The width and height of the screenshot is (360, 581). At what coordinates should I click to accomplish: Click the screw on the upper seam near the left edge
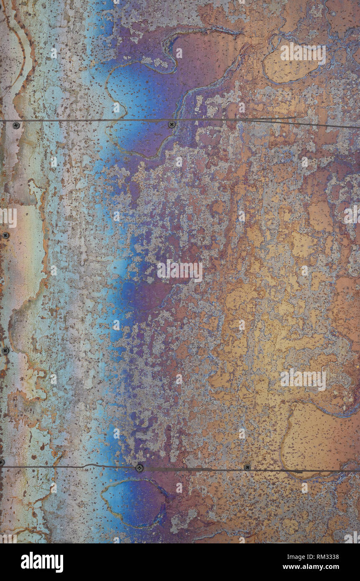[16, 125]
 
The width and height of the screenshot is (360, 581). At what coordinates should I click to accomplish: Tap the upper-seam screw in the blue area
[171, 124]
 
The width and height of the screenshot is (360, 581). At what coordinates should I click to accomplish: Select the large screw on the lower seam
[139, 468]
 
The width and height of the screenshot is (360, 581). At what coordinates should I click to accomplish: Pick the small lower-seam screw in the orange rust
[247, 467]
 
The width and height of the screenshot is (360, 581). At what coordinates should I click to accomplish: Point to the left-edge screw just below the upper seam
[5, 236]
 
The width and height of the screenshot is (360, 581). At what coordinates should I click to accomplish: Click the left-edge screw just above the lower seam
[5, 351]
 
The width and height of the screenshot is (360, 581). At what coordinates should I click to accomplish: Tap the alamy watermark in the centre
[180, 271]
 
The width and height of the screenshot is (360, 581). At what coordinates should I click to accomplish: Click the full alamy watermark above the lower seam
[303, 380]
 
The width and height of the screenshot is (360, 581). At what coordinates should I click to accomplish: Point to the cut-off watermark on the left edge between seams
[8, 218]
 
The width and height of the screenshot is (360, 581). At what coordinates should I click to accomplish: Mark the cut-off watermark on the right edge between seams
[352, 214]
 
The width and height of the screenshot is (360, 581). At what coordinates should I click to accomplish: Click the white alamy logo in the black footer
[42, 562]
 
